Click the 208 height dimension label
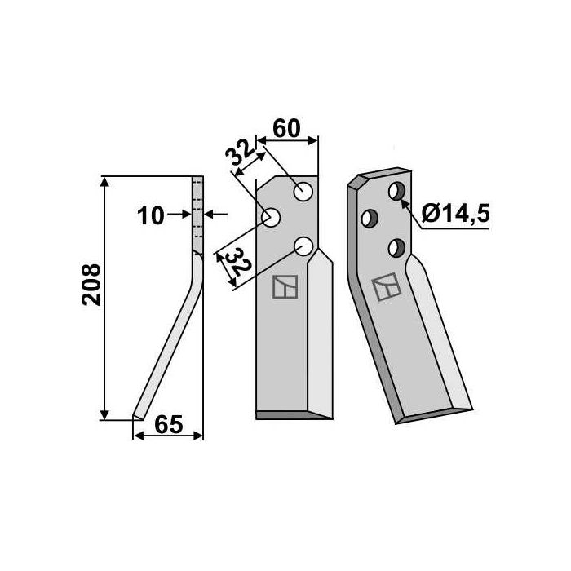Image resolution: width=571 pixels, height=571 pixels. pyautogui.click(x=91, y=284)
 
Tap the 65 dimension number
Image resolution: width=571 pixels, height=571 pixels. pyautogui.click(x=167, y=424)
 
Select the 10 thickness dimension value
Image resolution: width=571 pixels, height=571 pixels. pyautogui.click(x=150, y=215)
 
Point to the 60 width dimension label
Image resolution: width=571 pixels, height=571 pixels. pyautogui.click(x=287, y=128)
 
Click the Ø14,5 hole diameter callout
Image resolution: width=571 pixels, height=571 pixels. pyautogui.click(x=457, y=215)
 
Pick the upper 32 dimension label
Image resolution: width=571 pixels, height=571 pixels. pyautogui.click(x=239, y=156)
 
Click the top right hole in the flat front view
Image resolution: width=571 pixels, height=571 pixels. pyautogui.click(x=304, y=192)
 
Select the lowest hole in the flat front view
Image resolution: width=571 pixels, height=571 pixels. pyautogui.click(x=304, y=245)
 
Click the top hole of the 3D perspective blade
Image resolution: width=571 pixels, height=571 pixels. pyautogui.click(x=396, y=192)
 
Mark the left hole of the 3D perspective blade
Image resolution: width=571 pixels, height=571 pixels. pyautogui.click(x=370, y=219)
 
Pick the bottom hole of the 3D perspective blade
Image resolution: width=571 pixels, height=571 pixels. pyautogui.click(x=396, y=246)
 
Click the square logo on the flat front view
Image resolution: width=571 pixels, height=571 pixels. pyautogui.click(x=285, y=287)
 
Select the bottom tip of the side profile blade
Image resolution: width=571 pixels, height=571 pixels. pyautogui.click(x=137, y=418)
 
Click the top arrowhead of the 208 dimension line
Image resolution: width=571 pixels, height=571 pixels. pyautogui.click(x=104, y=181)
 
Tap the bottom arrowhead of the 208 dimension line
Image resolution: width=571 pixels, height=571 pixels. pyautogui.click(x=104, y=414)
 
